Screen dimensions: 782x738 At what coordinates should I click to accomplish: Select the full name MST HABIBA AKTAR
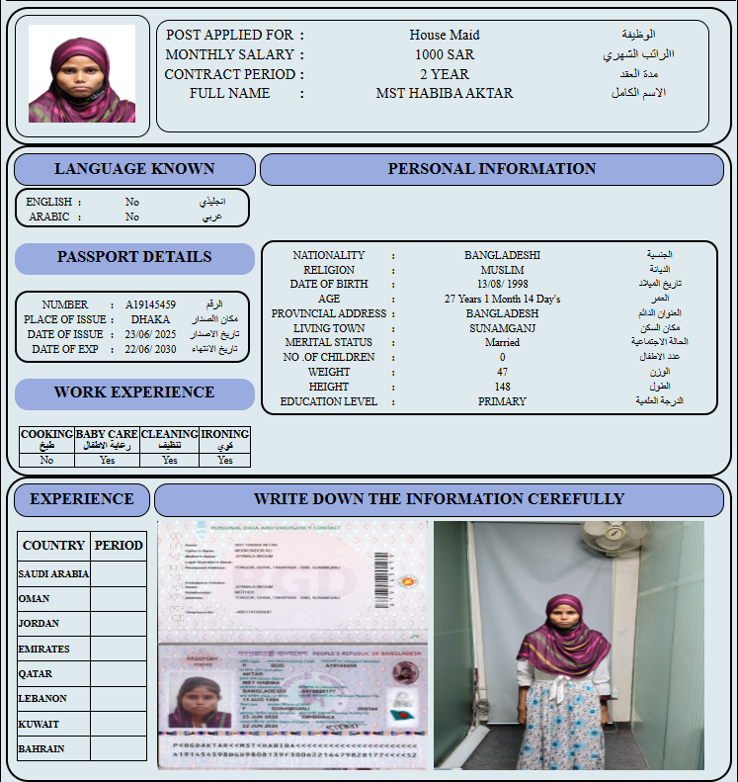pyautogui.click(x=445, y=94)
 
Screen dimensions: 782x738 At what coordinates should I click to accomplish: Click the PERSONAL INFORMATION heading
pyautogui.click(x=491, y=169)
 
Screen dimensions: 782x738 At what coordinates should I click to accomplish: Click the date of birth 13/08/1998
pyautogui.click(x=502, y=284)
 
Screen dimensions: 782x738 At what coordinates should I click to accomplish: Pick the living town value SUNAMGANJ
pyautogui.click(x=502, y=328)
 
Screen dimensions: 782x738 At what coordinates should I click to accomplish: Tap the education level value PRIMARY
pyautogui.click(x=502, y=401)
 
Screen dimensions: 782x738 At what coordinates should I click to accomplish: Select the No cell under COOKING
pyautogui.click(x=46, y=460)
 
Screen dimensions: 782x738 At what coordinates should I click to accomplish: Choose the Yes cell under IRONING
pyautogui.click(x=225, y=460)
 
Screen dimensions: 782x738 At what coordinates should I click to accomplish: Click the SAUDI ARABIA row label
pyautogui.click(x=53, y=573)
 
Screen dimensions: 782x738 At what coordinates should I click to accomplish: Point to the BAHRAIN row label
pyautogui.click(x=41, y=748)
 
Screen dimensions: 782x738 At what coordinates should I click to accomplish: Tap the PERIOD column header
pyautogui.click(x=119, y=546)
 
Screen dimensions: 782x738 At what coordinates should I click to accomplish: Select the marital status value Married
pyautogui.click(x=502, y=342)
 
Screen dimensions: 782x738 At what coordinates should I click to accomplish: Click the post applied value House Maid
pyautogui.click(x=445, y=36)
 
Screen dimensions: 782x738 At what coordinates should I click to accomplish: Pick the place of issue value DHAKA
pyautogui.click(x=150, y=319)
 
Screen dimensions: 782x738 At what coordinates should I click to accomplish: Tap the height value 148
pyautogui.click(x=502, y=387)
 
